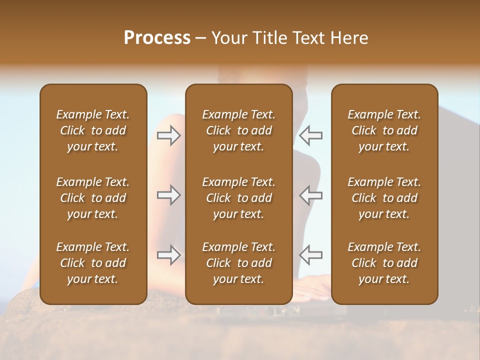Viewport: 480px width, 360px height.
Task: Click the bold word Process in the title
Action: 157,38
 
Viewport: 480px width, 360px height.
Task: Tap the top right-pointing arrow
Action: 169,135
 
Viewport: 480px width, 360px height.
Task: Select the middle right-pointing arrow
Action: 169,195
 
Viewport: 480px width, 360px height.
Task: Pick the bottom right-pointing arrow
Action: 169,255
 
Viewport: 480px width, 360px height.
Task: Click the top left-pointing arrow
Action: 310,135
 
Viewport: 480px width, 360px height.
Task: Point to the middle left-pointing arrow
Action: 310,195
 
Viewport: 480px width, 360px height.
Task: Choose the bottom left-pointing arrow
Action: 310,255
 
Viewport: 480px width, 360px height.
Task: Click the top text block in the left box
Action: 93,130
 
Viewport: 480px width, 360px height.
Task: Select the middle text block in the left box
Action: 93,198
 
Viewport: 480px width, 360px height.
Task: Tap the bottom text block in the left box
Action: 93,263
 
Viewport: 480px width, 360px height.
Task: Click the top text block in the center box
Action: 238,130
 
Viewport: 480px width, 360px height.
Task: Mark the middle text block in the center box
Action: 238,198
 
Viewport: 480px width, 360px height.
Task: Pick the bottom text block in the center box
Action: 238,263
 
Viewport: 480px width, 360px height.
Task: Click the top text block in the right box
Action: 384,130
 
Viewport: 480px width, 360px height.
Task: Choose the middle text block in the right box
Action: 384,198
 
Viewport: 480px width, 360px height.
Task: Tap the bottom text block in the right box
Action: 384,263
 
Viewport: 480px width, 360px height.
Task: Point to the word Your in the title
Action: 229,38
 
